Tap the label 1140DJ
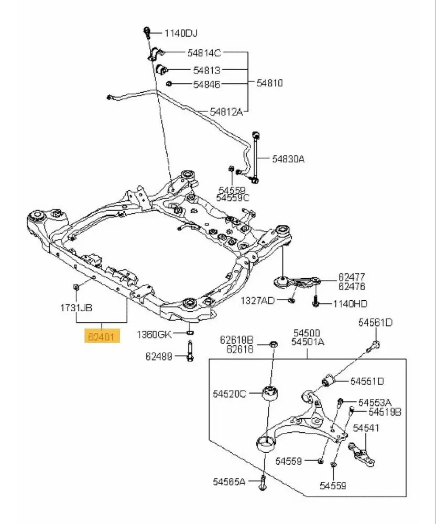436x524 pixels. (x=181, y=34)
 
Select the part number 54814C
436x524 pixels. (x=204, y=52)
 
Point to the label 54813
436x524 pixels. (x=206, y=70)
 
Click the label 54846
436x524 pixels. (x=206, y=84)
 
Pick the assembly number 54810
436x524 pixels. (x=269, y=83)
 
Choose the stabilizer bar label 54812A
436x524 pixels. (x=226, y=111)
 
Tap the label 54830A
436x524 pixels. (x=288, y=158)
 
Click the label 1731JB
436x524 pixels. (x=77, y=308)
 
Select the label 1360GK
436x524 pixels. (x=154, y=334)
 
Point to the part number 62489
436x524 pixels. (x=159, y=356)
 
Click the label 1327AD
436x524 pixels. (x=257, y=301)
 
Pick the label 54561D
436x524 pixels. (x=375, y=323)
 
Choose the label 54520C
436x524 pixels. (x=229, y=393)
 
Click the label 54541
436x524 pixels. (x=365, y=428)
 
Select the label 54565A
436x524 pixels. (x=229, y=481)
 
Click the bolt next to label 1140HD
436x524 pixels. (x=317, y=303)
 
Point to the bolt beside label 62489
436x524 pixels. (x=188, y=352)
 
